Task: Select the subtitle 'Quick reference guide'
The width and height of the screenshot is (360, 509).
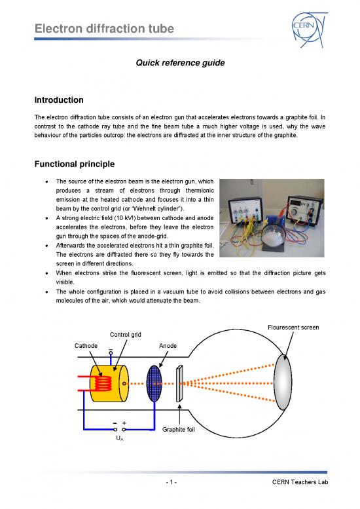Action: tap(179, 64)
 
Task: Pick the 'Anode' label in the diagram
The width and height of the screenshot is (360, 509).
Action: tap(168, 345)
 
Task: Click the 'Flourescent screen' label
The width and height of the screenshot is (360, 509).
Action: tap(293, 328)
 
